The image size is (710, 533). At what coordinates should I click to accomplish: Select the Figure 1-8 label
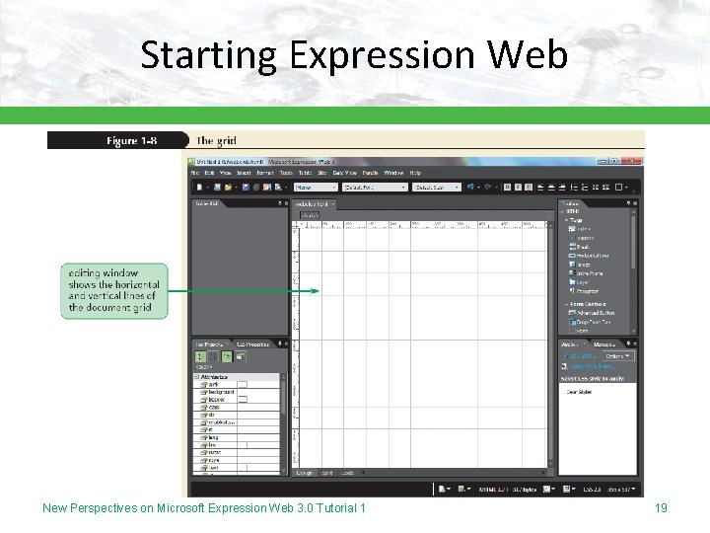coord(131,141)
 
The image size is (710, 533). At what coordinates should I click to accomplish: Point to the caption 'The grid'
coord(216,141)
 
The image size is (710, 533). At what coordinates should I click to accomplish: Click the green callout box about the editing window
coord(114,290)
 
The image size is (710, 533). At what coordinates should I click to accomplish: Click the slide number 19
coord(661,507)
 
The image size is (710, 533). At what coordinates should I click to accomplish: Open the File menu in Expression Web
coord(195,173)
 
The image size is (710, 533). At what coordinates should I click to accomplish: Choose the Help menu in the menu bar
coord(415,173)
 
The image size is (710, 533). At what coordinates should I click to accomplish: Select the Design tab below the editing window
coord(305,473)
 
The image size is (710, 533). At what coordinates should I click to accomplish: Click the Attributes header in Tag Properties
coord(215,377)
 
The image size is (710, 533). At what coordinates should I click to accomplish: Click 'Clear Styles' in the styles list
coord(579,390)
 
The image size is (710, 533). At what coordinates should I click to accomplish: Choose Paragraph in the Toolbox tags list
coord(589,291)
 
